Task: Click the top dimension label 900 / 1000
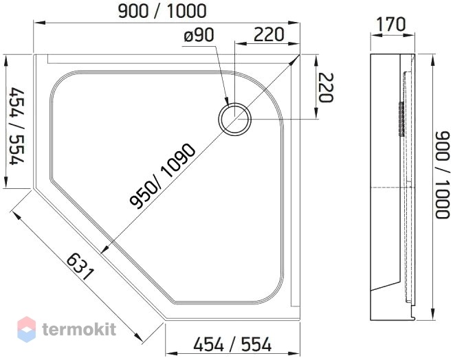[162, 11]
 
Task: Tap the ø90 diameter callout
[199, 35]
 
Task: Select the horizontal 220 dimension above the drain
[269, 34]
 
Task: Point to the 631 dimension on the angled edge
[80, 267]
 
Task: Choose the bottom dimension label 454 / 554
[232, 344]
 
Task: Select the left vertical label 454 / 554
[17, 126]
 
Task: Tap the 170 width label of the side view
[392, 24]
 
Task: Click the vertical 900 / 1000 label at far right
[442, 175]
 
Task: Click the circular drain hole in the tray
[234, 119]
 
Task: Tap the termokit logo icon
[27, 329]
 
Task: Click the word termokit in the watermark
[79, 329]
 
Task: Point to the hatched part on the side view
[401, 118]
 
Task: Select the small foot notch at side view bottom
[413, 317]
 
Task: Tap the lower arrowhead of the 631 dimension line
[139, 338]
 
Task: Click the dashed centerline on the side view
[393, 188]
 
